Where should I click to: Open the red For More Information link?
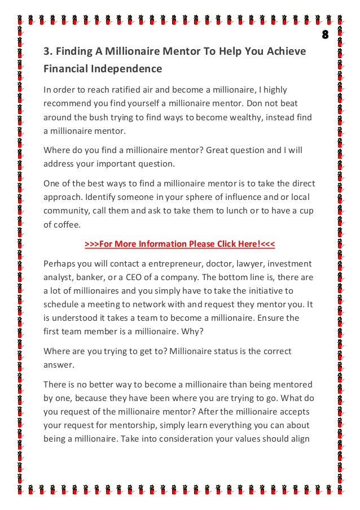(180, 244)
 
